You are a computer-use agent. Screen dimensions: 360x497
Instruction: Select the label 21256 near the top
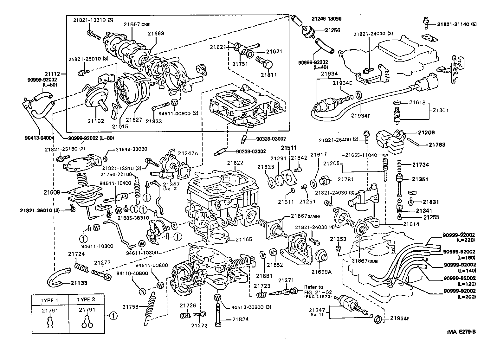pos(332,30)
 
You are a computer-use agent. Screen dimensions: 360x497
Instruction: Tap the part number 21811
pos(269,75)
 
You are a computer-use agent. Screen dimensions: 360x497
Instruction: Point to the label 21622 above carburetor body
pos(235,163)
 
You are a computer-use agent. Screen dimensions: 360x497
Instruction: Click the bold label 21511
pos(290,148)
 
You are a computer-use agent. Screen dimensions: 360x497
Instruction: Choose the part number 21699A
pos(321,272)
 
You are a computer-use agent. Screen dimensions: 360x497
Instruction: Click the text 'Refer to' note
pos(313,287)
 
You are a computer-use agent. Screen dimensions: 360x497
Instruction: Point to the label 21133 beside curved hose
pos(79,283)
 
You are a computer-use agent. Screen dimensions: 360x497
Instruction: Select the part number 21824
pos(240,319)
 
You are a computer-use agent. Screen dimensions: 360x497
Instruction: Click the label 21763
pos(437,145)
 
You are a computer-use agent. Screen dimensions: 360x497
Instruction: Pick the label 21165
pos(244,239)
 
